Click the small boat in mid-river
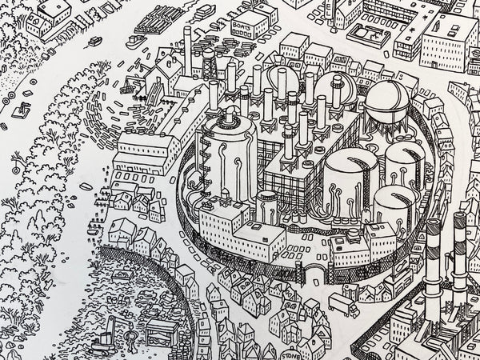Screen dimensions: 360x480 (x=96, y=40)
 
